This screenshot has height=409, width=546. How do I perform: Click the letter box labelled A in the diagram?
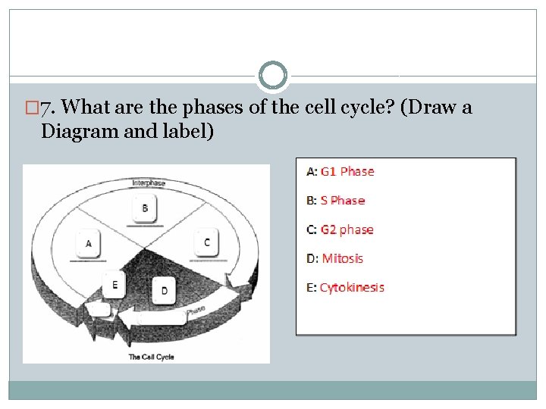pos(89,244)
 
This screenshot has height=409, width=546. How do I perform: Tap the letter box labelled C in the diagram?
pos(206,242)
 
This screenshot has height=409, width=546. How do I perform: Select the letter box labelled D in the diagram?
pos(165,290)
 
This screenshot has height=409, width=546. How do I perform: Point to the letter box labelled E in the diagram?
pos(115,285)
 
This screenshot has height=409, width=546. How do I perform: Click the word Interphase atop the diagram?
pos(149,183)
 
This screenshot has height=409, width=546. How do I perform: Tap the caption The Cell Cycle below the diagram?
pos(151,357)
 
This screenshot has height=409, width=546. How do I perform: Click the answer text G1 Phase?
pos(347,172)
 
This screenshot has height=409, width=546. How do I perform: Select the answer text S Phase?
pos(343,201)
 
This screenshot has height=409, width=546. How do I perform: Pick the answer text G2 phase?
pos(347,229)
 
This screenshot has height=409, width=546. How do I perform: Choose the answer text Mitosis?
pos(343,258)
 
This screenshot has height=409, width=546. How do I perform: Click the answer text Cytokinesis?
pos(352,287)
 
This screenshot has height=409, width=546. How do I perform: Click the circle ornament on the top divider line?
pos(273,76)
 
